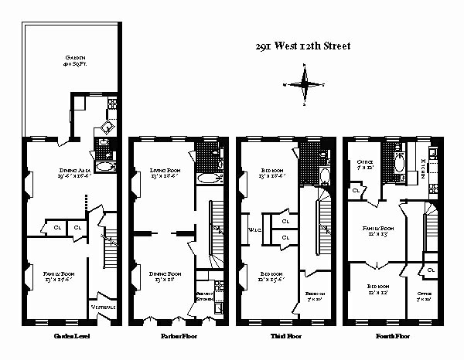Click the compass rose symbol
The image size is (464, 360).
(307, 83)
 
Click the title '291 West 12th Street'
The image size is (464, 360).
(302, 46)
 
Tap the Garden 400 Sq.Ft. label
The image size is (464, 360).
(75, 62)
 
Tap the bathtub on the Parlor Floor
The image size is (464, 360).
(208, 179)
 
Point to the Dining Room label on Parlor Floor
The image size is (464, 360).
(165, 277)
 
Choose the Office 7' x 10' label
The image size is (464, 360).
(425, 296)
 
